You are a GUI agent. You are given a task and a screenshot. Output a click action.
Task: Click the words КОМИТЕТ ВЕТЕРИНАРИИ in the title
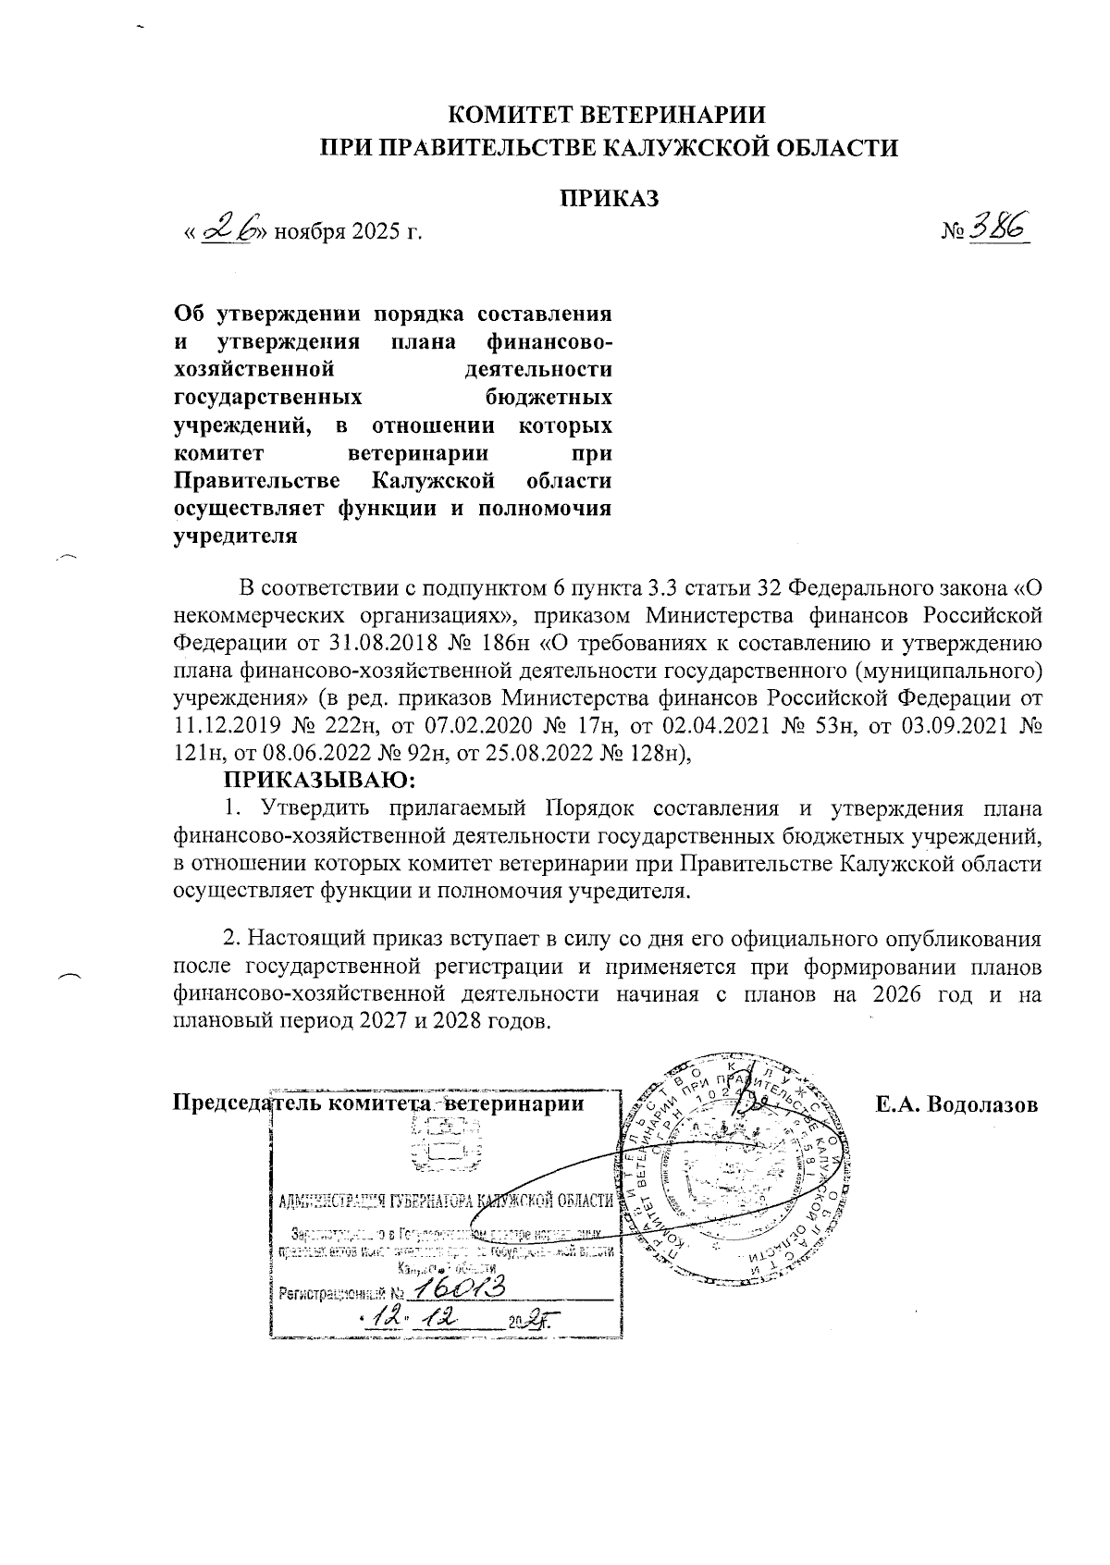click(608, 116)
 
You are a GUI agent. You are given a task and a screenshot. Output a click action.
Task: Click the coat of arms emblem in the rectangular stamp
click(446, 1145)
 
